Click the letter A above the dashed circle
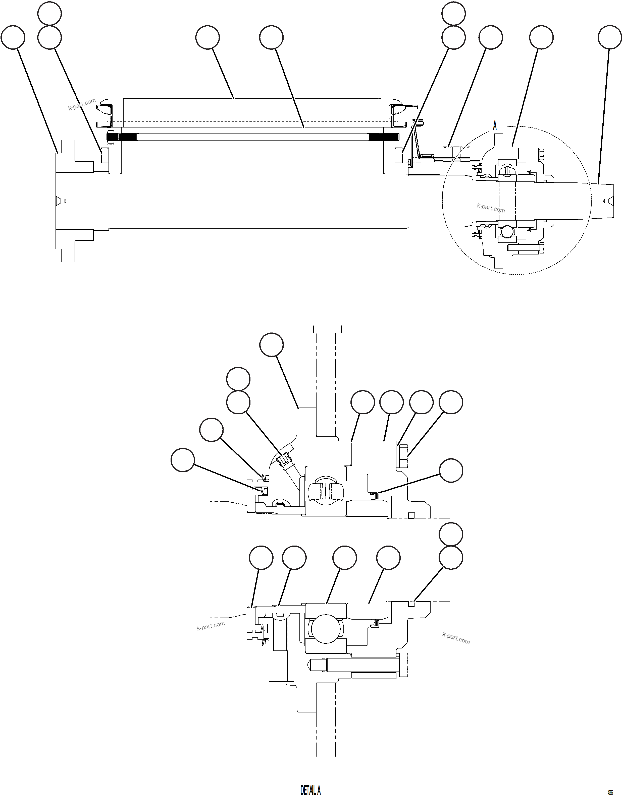(x=495, y=126)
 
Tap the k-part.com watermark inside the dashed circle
(x=491, y=208)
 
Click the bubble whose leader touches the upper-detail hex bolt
(x=450, y=402)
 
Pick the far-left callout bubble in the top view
(x=13, y=37)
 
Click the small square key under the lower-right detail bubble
(x=411, y=604)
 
